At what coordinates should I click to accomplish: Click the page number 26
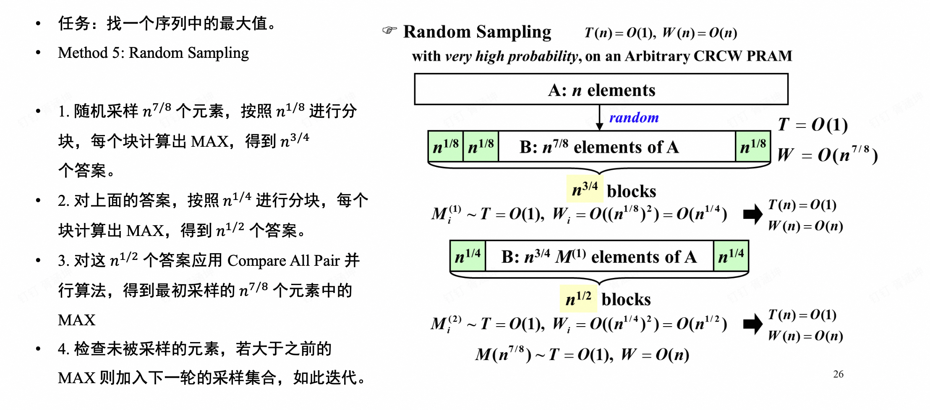click(x=838, y=374)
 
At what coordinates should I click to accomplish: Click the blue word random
click(x=634, y=118)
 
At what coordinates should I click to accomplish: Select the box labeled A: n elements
click(x=601, y=89)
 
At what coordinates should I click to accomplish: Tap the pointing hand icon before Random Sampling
click(x=389, y=30)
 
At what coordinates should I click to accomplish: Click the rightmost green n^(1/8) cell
click(x=753, y=146)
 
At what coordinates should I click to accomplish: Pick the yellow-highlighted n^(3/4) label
click(x=585, y=189)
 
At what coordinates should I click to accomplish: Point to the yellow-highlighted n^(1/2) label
click(x=578, y=298)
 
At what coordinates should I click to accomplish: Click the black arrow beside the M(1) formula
click(x=752, y=214)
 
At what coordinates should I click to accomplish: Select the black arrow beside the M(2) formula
click(x=752, y=324)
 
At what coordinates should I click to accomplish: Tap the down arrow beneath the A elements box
click(x=600, y=118)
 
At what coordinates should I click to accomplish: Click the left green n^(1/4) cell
click(x=468, y=256)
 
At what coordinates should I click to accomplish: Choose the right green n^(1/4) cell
click(x=731, y=256)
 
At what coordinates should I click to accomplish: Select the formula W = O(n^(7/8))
click(x=827, y=155)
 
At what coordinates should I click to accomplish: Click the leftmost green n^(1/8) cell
click(x=445, y=146)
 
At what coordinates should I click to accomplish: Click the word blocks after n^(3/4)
click(x=631, y=191)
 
